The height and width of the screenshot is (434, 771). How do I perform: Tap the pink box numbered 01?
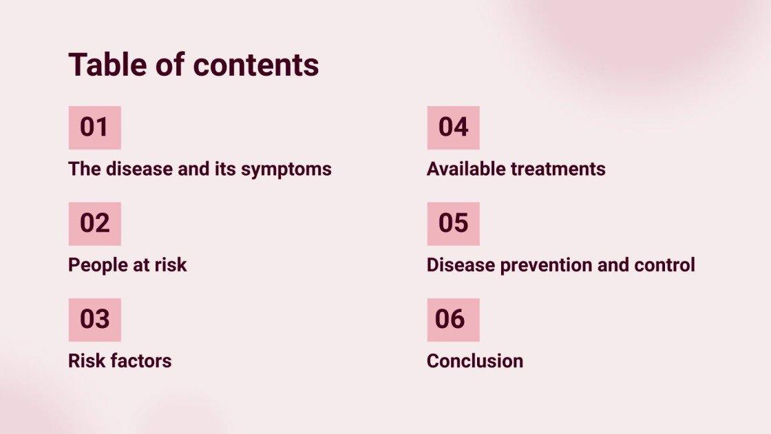tap(94, 127)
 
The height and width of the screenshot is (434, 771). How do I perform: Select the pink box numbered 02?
tap(94, 223)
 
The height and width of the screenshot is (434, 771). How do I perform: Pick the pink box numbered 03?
tap(94, 319)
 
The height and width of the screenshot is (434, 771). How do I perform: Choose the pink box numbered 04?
tap(453, 127)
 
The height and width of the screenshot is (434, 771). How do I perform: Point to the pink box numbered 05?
tap(453, 223)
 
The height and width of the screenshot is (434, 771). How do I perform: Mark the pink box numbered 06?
tap(453, 319)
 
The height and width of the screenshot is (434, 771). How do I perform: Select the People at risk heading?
tap(127, 265)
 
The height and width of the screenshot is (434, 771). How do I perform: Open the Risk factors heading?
tap(120, 360)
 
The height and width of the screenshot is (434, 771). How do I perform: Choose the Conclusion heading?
tap(474, 360)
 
